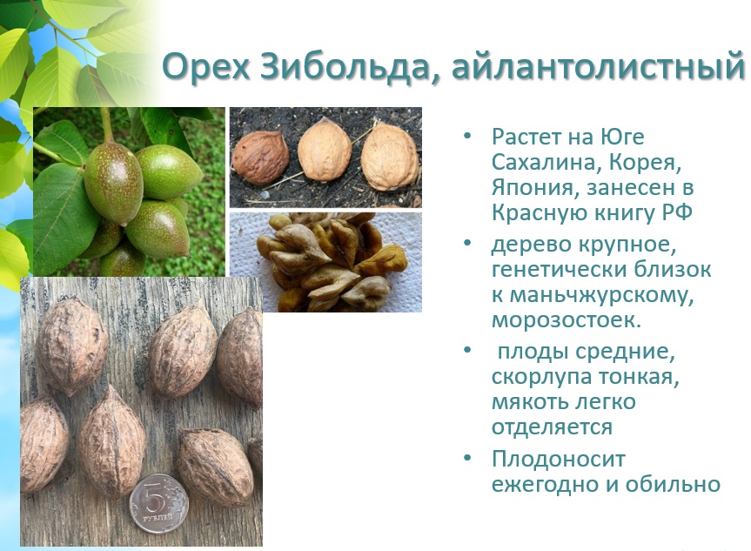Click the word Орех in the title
[x=206, y=66]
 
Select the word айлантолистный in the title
[x=598, y=66]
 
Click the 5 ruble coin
[x=158, y=503]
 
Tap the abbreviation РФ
[x=677, y=212]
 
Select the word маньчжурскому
[x=601, y=295]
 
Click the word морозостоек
[x=567, y=319]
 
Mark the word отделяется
[x=552, y=427]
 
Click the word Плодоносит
[x=559, y=459]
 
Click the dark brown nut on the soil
[x=260, y=157]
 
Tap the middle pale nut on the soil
[x=325, y=150]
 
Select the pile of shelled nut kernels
[x=331, y=261]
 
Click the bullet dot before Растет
[x=467, y=136]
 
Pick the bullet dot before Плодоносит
[x=467, y=458]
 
